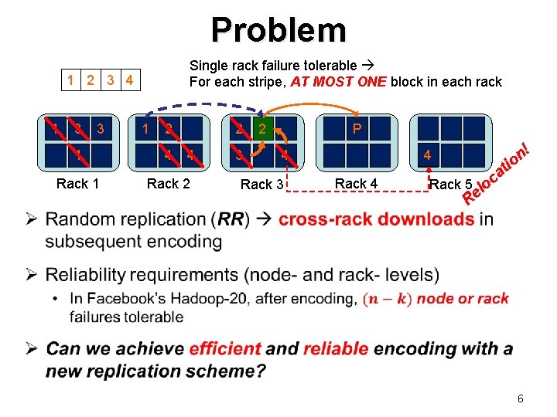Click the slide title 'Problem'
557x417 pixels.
point(278,30)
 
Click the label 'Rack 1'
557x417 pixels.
point(77,184)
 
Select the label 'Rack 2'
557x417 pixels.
point(168,183)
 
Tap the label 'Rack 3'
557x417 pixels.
point(262,185)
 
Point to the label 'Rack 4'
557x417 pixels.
point(356,183)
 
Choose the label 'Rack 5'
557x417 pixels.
point(450,184)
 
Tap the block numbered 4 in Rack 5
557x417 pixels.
point(426,155)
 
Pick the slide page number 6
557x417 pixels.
point(520,398)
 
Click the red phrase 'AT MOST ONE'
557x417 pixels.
point(339,82)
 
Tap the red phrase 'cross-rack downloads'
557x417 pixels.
point(377,219)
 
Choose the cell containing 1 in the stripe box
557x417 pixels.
point(71,80)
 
